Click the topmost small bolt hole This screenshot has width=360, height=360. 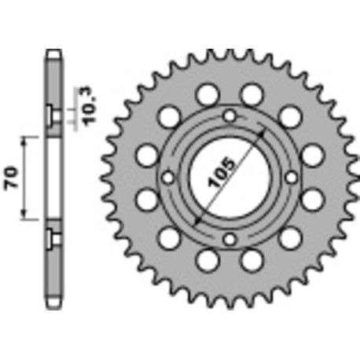pyautogui.click(x=229, y=117)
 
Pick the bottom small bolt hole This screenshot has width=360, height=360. pyautogui.click(x=229, y=240)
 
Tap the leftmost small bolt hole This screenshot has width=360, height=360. pyautogui.click(x=167, y=178)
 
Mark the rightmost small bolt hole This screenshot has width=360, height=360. pyautogui.click(x=290, y=178)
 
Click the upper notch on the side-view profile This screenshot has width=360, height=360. pyautogui.click(x=53, y=116)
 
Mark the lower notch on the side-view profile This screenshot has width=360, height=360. pyautogui.click(x=53, y=237)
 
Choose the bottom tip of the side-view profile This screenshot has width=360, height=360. pyautogui.click(x=53, y=305)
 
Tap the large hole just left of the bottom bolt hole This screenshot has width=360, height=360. pyautogui.click(x=206, y=260)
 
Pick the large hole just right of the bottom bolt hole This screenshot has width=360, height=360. pyautogui.click(x=252, y=260)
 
